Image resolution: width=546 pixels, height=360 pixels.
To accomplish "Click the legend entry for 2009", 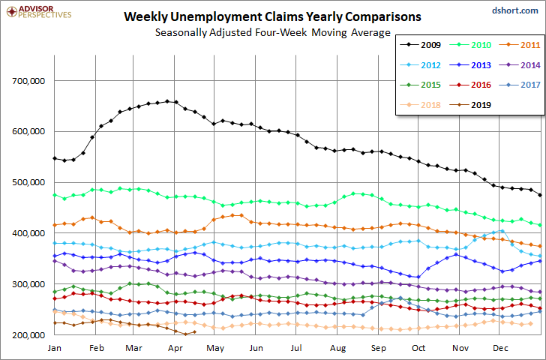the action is coord(420,45).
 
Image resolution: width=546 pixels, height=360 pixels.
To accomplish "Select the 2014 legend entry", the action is coord(520,65).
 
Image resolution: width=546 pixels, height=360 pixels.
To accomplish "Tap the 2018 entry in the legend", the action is coord(420,105).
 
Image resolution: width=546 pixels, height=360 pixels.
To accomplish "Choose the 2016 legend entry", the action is coord(470,85).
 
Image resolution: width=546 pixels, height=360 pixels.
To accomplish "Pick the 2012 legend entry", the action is coord(420,65).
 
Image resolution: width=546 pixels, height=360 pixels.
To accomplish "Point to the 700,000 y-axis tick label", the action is coord(28,81).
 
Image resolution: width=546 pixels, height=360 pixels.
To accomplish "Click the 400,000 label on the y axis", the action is coord(28,233).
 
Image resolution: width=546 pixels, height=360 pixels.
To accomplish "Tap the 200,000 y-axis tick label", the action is coord(28,335).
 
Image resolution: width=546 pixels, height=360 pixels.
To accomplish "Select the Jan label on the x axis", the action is coord(54,348).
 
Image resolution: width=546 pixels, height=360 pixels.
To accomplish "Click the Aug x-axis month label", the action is coord(337,348).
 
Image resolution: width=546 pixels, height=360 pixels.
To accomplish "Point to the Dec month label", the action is coord(500,348).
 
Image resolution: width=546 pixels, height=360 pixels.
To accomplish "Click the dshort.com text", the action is coord(515,10).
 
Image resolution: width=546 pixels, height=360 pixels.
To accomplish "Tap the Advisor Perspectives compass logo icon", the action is coord(12,12).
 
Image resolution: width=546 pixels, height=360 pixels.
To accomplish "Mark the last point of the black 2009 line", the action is coord(540,195).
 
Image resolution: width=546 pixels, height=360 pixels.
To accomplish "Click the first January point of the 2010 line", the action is coord(55,195).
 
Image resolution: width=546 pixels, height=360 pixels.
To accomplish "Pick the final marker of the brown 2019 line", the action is coord(194,331).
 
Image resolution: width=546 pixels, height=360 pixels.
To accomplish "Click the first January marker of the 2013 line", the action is coord(55,256).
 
